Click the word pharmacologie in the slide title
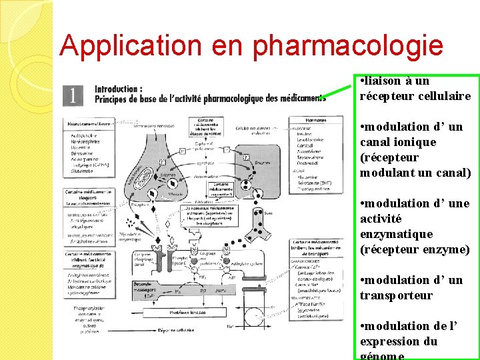[347, 46]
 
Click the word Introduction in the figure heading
[118, 89]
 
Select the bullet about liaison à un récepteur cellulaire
[415, 89]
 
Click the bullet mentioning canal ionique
[415, 150]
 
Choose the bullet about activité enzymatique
[415, 227]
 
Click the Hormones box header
[315, 120]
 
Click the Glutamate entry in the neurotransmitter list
[83, 171]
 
